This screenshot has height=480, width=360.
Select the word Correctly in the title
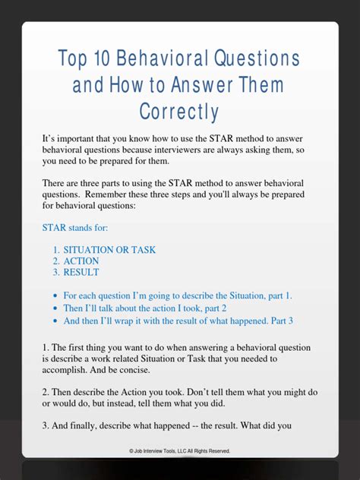coord(179,112)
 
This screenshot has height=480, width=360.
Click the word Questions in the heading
coord(257,59)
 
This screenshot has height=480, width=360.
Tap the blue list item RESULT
coord(82,272)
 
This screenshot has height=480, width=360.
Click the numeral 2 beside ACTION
coord(56,261)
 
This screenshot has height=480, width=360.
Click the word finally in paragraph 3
coord(87,426)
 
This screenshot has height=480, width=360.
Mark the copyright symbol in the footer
coord(132,451)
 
